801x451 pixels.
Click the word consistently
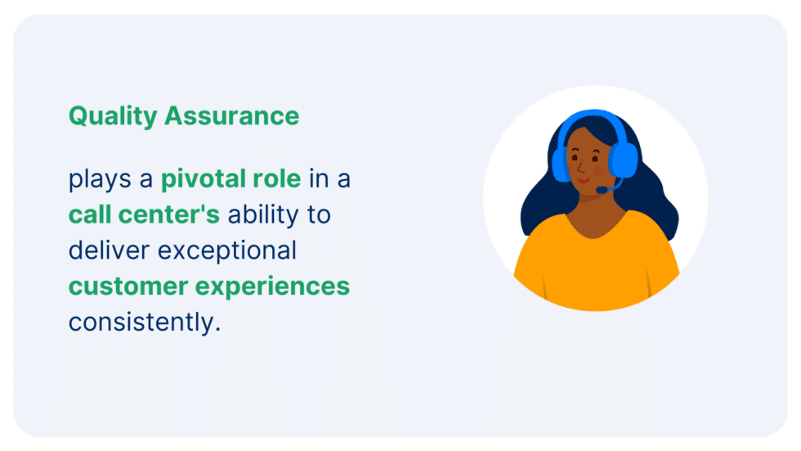[145, 322]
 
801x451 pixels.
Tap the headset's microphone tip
[600, 191]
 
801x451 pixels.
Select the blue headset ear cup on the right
[625, 160]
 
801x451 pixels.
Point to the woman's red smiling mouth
[583, 180]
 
